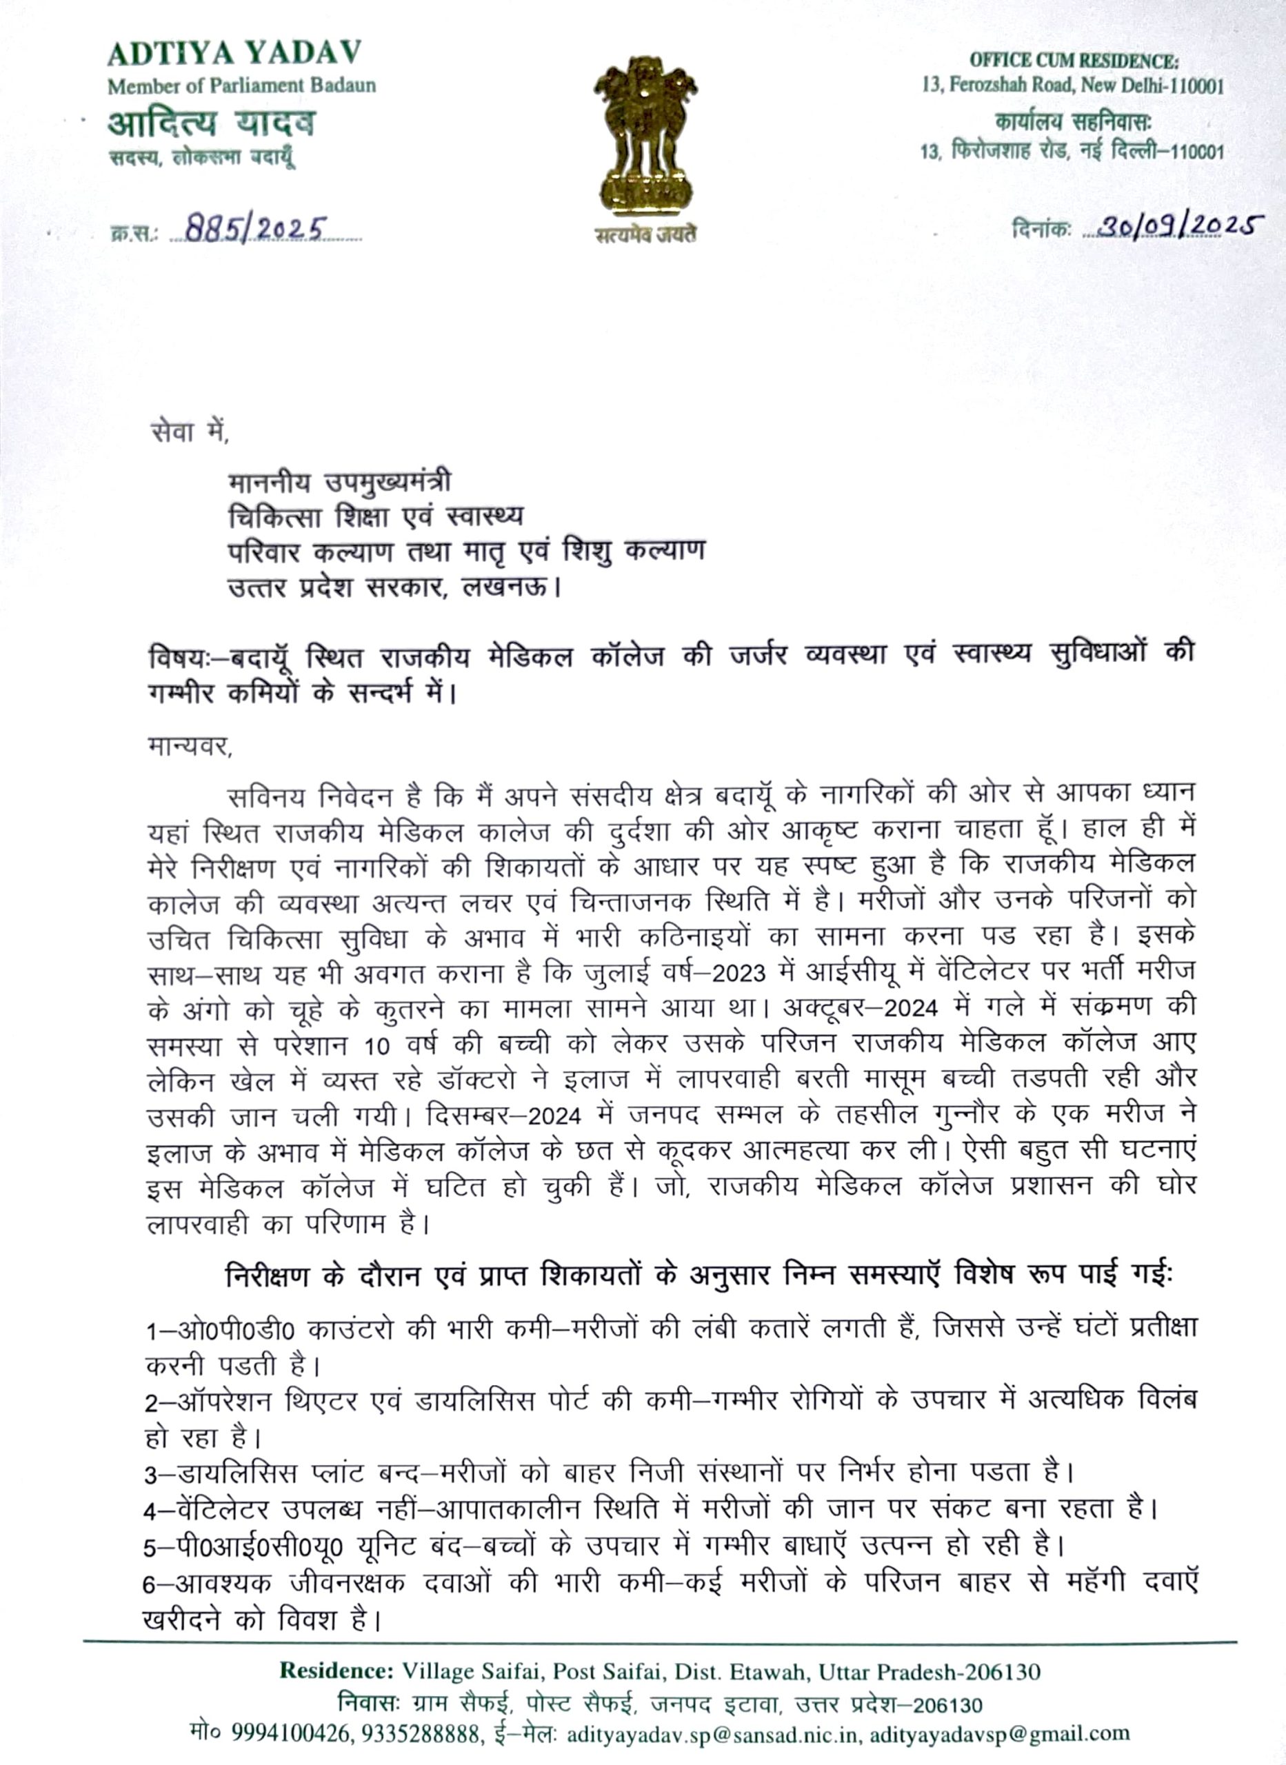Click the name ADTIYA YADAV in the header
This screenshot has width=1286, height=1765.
tap(234, 54)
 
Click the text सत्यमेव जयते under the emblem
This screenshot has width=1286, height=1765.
tap(645, 235)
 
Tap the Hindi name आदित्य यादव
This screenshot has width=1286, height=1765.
tap(212, 123)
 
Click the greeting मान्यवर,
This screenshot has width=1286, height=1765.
tap(189, 746)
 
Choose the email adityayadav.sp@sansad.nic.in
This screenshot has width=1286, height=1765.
tap(713, 1734)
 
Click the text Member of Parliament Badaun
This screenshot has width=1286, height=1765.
tap(241, 85)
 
